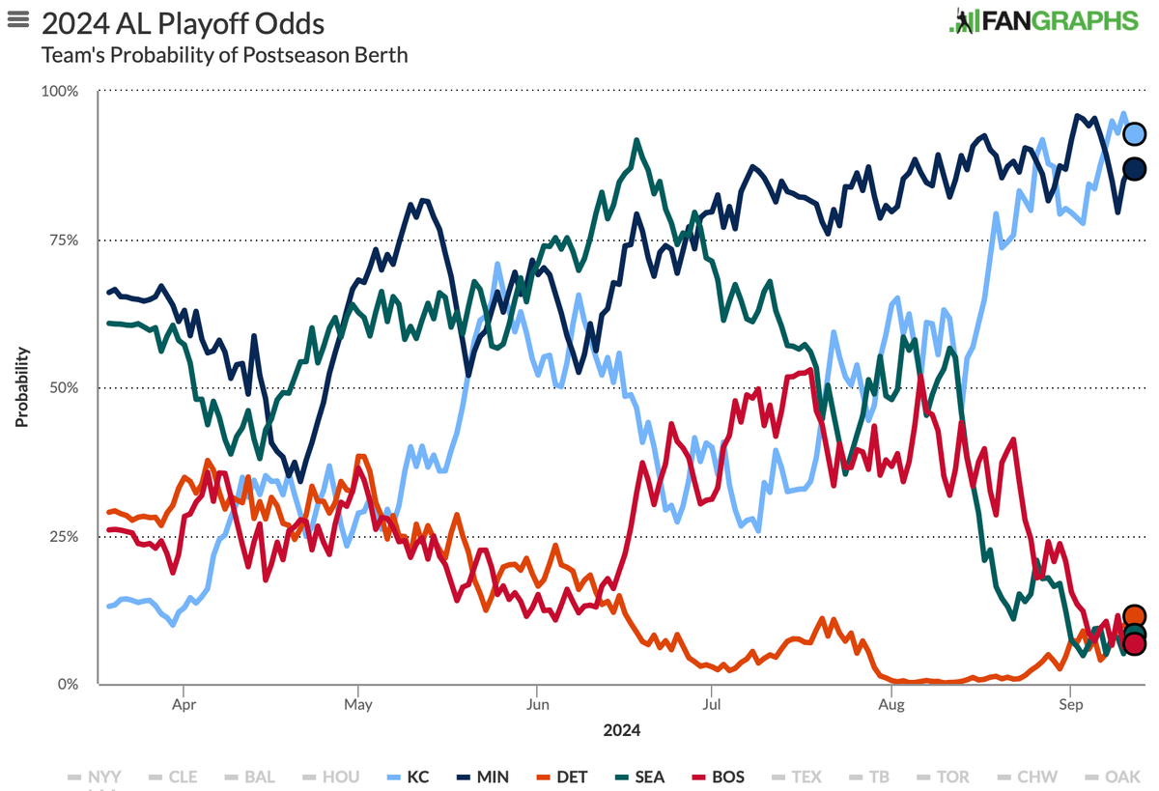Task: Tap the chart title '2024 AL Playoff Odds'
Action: (x=183, y=23)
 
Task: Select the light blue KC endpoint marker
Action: (x=1135, y=133)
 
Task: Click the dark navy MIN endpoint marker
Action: (x=1135, y=169)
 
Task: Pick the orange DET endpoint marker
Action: (x=1135, y=616)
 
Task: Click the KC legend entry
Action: (x=408, y=777)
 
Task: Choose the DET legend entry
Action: (x=561, y=777)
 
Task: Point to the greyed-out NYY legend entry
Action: (x=95, y=777)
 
